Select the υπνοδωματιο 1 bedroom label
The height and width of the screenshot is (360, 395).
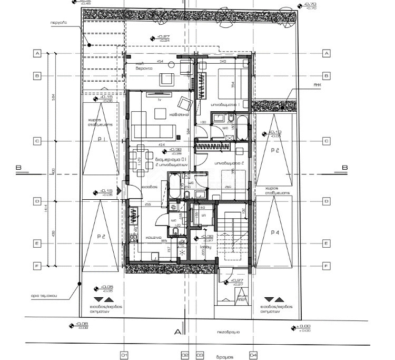click(x=225, y=105)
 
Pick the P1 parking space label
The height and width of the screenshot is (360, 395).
click(x=102, y=139)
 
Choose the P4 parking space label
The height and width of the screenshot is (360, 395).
click(x=275, y=232)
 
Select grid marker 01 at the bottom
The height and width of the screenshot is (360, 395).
click(x=124, y=355)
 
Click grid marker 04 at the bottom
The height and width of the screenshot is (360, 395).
click(x=253, y=355)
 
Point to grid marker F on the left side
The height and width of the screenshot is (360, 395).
click(x=37, y=266)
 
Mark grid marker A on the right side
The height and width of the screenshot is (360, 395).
click(x=326, y=54)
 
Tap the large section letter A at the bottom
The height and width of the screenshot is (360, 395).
click(x=178, y=332)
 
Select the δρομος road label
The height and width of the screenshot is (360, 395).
click(x=226, y=356)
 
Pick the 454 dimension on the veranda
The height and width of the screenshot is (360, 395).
click(x=159, y=62)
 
